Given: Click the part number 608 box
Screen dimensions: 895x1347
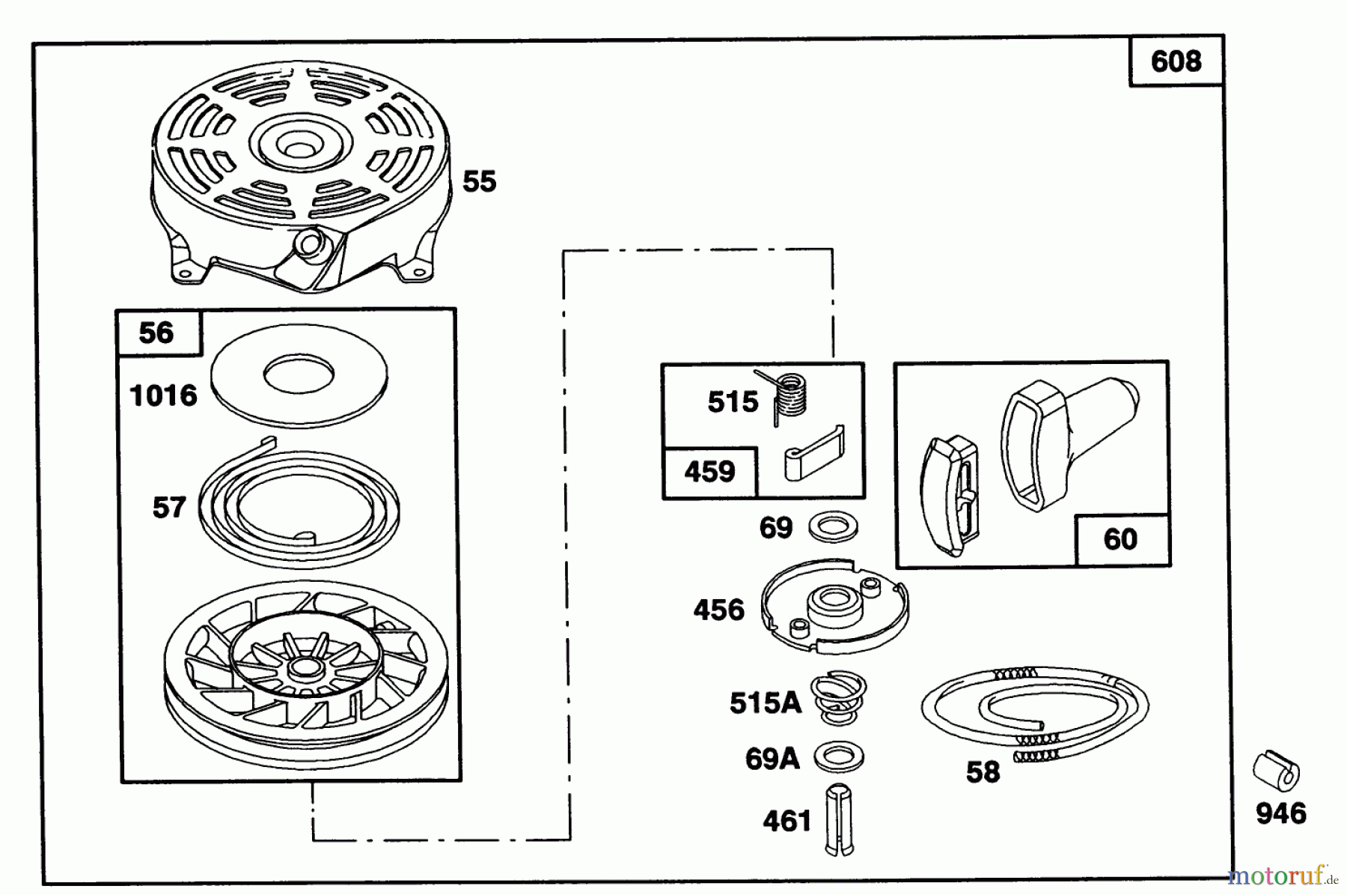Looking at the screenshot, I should [1176, 61].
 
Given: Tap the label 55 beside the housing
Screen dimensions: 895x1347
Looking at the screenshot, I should [480, 181].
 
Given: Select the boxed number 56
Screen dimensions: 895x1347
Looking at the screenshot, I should [156, 333].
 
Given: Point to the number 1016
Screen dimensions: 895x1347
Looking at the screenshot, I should [164, 395].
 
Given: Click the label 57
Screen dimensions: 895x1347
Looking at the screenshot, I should [169, 508].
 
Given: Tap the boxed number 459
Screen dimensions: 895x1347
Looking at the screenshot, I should [709, 473].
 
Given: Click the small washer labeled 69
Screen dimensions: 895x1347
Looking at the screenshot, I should [833, 527].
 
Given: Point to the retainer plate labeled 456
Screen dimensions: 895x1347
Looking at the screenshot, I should [834, 604].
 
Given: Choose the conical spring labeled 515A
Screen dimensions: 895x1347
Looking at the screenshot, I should [838, 698].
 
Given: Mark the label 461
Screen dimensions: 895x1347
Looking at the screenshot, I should [787, 822].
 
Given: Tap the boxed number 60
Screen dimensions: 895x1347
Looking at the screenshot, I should [1120, 539].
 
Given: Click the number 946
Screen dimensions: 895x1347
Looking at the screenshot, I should [1281, 813].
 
